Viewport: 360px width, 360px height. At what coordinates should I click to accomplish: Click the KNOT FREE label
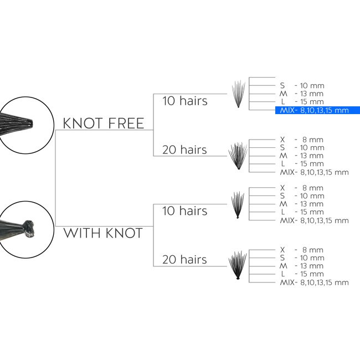click(104, 124)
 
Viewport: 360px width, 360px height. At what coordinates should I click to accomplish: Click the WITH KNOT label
click(103, 233)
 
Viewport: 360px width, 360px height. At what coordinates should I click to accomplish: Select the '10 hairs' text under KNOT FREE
click(185, 101)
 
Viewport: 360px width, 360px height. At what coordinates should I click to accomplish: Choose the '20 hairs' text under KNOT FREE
click(184, 150)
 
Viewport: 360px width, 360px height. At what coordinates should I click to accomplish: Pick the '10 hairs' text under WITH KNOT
click(185, 211)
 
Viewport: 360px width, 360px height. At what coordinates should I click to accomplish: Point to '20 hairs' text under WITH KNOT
click(184, 259)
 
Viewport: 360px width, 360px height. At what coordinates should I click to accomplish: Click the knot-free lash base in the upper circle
click(17, 124)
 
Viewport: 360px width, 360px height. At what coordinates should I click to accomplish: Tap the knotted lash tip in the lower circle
click(29, 229)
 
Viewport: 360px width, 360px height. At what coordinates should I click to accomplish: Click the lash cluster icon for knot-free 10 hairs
click(238, 94)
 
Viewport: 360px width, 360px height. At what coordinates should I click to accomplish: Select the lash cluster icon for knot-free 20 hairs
click(238, 156)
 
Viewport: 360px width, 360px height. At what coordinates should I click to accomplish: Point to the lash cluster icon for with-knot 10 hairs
click(238, 205)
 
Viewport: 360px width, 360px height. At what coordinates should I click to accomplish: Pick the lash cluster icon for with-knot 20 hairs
click(238, 265)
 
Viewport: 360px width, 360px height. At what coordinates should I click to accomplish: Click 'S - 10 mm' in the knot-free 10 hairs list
click(302, 86)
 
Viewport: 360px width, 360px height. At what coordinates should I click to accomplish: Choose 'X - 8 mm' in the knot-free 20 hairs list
click(302, 140)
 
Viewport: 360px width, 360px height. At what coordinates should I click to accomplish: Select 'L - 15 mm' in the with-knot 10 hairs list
click(302, 212)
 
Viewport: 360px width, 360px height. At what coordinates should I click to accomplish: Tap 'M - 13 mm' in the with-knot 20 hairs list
click(301, 266)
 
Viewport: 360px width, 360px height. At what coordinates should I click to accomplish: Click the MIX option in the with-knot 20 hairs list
click(315, 282)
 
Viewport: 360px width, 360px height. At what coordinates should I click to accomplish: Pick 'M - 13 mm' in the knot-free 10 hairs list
click(301, 94)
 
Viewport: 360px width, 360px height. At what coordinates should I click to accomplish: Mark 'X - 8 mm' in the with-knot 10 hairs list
click(302, 188)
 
